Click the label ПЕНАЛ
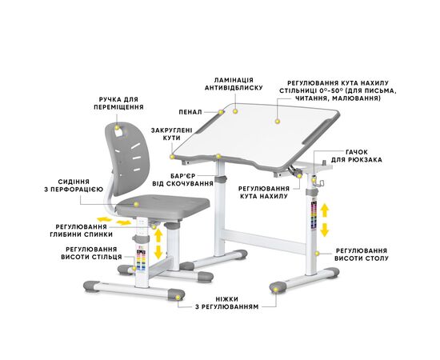coord(190,112)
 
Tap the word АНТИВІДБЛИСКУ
coord(234,88)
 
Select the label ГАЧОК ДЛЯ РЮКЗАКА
coord(356,156)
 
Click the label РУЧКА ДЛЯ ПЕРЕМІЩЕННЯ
coord(118,103)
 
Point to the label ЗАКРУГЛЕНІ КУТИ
coord(171,134)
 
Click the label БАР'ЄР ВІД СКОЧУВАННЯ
coord(182,180)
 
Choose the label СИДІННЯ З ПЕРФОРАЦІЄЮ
coord(74,186)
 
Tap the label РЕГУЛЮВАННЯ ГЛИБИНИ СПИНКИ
coord(81,230)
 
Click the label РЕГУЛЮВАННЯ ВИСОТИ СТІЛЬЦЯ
coord(91,253)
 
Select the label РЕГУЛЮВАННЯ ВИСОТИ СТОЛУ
coord(362,254)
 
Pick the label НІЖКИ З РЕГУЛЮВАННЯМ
coord(226,302)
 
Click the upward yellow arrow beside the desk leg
coord(325,210)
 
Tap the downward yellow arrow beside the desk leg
coord(325,230)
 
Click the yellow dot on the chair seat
coord(136,204)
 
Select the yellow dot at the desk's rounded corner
coord(172,157)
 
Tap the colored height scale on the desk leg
coord(314,214)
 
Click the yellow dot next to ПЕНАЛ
coord(221,112)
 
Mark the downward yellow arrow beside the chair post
coord(158,252)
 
